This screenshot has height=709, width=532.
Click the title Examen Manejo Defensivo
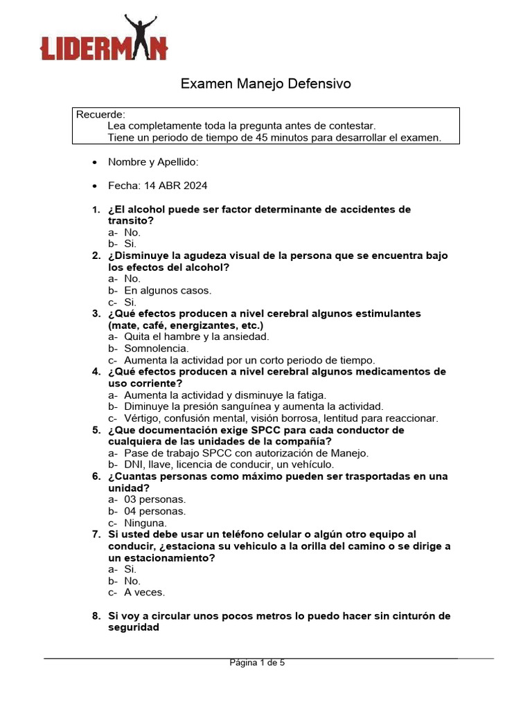tap(266, 84)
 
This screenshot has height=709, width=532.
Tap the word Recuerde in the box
tap(100, 114)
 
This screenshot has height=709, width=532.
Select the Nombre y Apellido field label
tap(153, 162)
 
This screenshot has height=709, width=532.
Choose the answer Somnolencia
tap(156, 348)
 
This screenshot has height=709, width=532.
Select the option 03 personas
tap(155, 499)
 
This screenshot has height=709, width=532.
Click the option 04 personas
tap(155, 511)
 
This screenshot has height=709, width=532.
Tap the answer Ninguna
tap(145, 523)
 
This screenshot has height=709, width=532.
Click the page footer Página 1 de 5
tap(257, 663)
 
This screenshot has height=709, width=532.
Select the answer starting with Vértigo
tap(281, 418)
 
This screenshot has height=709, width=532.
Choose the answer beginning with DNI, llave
tap(229, 465)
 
